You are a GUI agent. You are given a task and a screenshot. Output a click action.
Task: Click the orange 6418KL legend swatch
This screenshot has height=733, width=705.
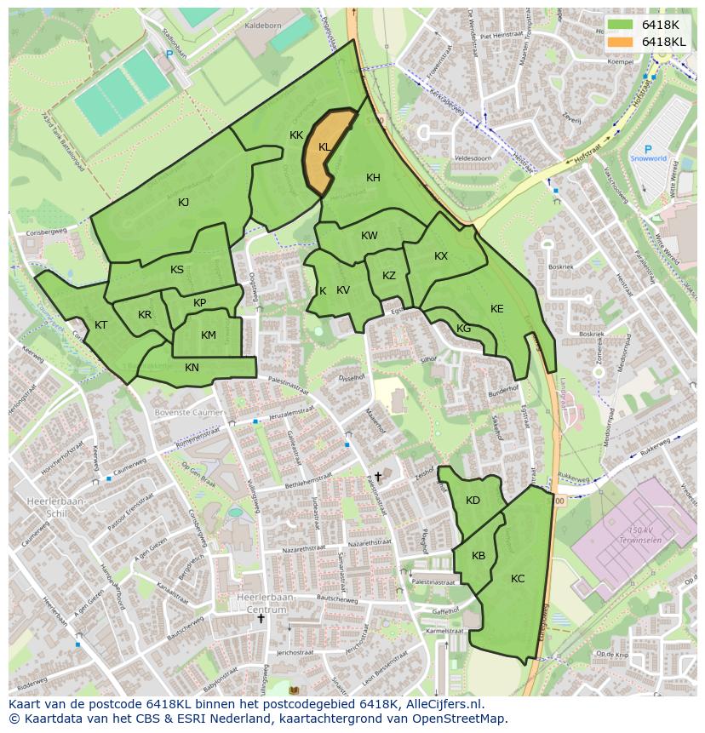click(622, 41)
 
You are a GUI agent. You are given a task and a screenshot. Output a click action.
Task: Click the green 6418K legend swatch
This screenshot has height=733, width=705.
click(622, 24)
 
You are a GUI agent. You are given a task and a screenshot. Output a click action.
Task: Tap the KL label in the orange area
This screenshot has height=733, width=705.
click(324, 147)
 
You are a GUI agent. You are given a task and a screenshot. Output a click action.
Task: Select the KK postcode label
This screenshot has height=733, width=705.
click(296, 135)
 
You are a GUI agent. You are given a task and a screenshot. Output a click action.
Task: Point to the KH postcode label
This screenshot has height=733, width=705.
click(373, 178)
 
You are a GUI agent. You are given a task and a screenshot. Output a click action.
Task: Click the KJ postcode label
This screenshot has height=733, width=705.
click(184, 203)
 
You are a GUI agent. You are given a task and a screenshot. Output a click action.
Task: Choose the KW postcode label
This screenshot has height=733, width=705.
click(369, 236)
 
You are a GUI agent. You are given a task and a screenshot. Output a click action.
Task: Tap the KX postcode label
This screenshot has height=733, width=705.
click(441, 256)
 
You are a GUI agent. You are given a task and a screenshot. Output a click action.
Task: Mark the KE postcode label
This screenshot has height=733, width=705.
click(497, 309)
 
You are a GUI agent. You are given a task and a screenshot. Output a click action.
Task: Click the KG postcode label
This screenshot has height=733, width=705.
click(463, 329)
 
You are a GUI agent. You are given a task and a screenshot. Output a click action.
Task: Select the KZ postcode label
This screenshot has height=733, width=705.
click(389, 276)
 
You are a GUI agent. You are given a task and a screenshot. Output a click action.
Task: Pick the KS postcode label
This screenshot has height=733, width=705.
click(177, 270)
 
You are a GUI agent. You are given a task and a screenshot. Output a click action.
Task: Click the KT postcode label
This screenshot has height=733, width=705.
click(101, 325)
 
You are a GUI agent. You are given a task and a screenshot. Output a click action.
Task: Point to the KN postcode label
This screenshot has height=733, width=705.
click(192, 368)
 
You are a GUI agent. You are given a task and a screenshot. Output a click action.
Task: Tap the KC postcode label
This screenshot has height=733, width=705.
click(518, 579)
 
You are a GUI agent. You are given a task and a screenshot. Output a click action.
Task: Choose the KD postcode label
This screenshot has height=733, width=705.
click(473, 501)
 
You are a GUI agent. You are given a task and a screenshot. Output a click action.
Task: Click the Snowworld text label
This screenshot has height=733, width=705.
click(649, 158)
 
